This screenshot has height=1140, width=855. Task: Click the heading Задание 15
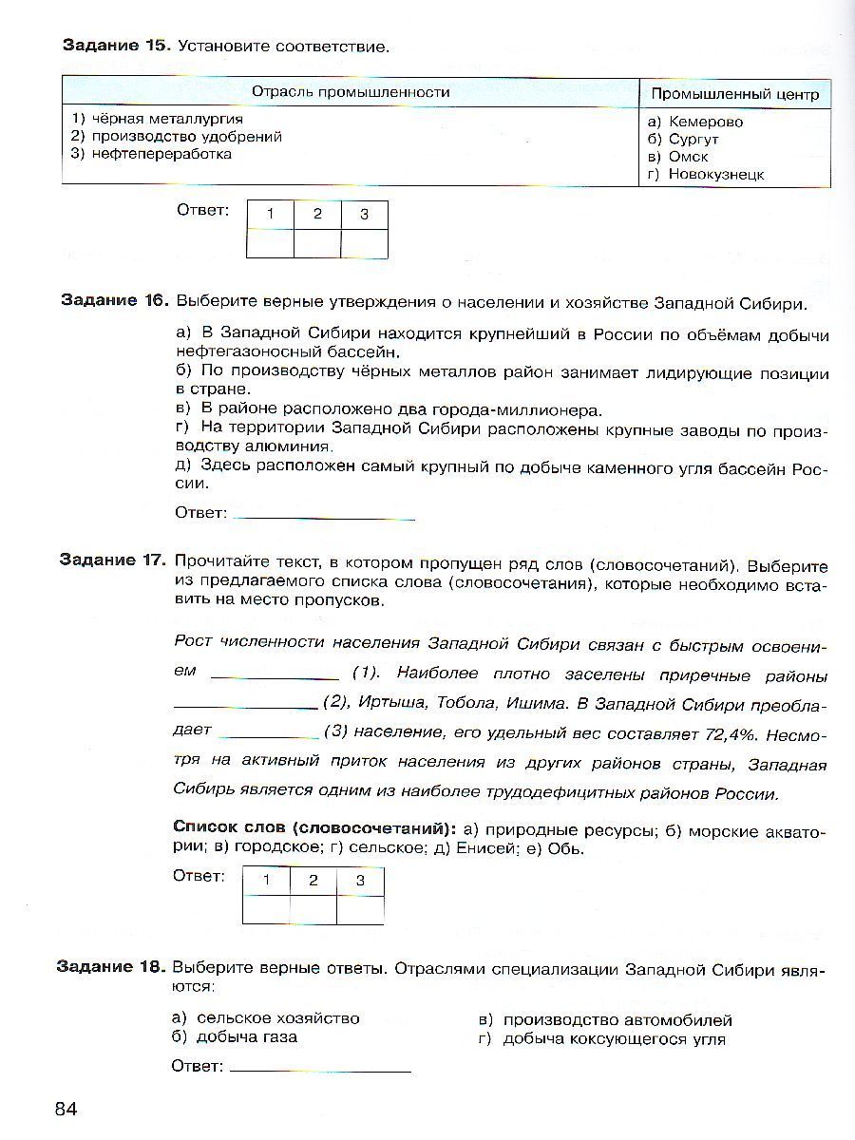click(x=115, y=46)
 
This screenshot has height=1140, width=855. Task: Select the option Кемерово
click(x=706, y=122)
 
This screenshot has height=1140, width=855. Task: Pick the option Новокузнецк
click(x=716, y=174)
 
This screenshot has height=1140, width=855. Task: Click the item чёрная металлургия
click(x=158, y=119)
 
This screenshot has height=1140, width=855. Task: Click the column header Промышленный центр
click(x=734, y=94)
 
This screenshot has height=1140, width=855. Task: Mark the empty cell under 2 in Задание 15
click(x=317, y=243)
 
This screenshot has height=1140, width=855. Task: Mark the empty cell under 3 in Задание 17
click(x=361, y=909)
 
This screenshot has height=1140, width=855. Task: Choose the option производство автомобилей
click(x=617, y=1019)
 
